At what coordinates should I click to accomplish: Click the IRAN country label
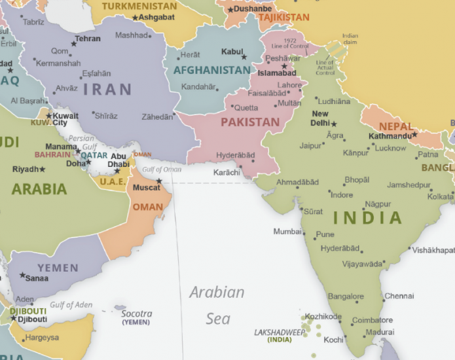(108, 89)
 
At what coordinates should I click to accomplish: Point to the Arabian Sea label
(217, 305)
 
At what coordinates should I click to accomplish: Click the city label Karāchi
(227, 172)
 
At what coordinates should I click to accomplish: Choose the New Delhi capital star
(334, 124)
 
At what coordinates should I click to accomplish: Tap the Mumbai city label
(287, 232)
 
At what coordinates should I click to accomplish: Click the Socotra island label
(136, 314)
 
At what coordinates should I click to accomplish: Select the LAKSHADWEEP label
(280, 333)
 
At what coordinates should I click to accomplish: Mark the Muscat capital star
(158, 181)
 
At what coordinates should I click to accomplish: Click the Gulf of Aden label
(71, 304)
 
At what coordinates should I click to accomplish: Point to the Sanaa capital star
(22, 276)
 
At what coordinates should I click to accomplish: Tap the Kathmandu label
(390, 136)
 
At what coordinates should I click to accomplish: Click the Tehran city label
(88, 39)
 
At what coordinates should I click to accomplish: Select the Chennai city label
(399, 296)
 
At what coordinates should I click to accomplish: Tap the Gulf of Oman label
(162, 170)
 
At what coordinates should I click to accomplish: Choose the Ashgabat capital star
(136, 18)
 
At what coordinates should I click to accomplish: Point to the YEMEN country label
(58, 268)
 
